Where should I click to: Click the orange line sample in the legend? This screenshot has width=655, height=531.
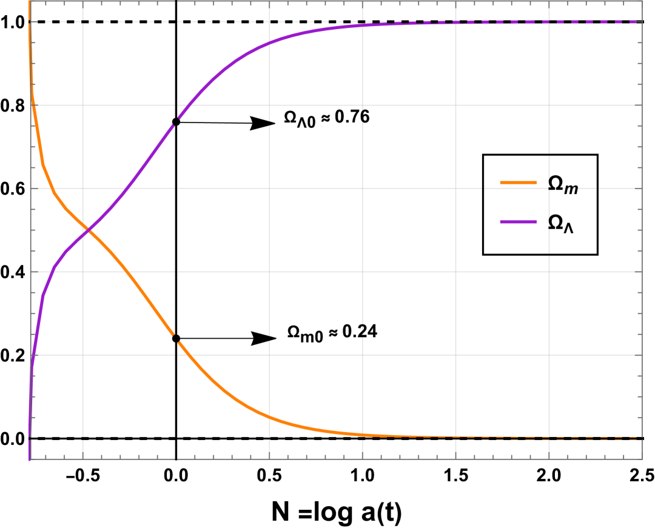tap(518, 182)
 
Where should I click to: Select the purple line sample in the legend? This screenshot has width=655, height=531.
tap(518, 222)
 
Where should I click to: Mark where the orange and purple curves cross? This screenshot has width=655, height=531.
tap(89, 230)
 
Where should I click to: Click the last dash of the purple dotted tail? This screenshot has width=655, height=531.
tap(634, 22)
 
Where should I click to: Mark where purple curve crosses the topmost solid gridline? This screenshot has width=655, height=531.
tap(186, 105)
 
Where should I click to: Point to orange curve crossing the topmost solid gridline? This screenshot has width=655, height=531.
tap(32, 105)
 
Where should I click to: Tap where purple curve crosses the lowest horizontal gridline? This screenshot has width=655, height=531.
tap(32, 355)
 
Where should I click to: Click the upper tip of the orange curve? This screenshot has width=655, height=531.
tap(29, 2)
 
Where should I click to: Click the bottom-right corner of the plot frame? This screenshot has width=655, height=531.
tap(642, 459)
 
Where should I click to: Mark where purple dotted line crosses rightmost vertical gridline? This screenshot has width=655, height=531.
tap(549, 22)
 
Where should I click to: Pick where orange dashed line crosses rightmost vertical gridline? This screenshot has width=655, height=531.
tap(549, 437)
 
